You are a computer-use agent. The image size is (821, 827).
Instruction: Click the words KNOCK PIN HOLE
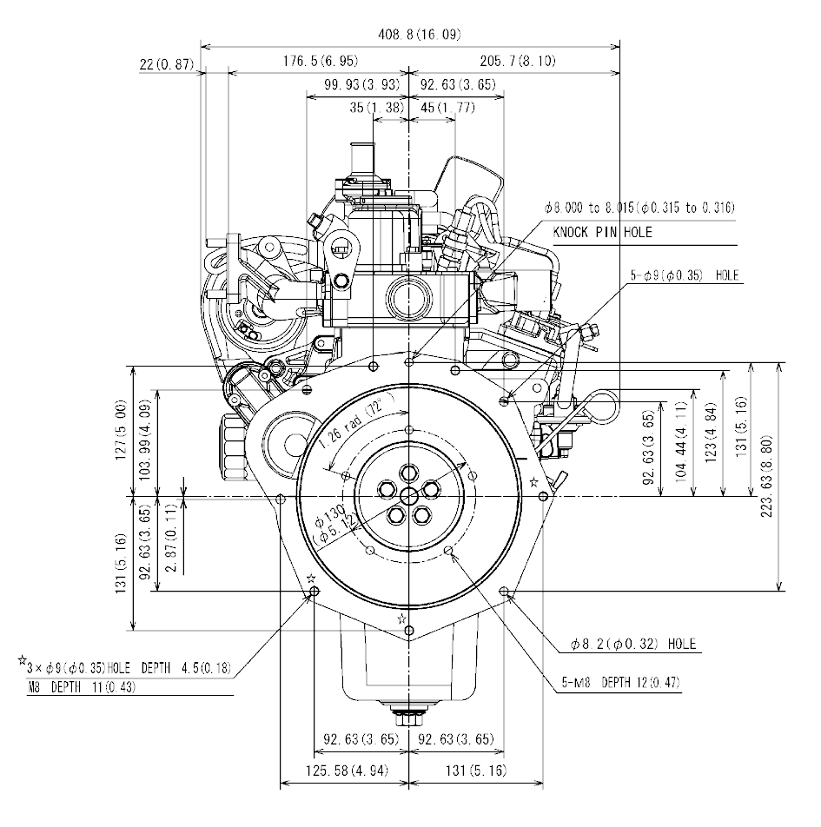tap(602, 233)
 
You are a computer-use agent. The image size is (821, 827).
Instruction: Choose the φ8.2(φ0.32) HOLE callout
tap(633, 644)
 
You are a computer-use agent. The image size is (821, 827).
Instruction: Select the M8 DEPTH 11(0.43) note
tap(83, 687)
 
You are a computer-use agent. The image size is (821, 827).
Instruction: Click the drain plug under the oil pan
tap(407, 719)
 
